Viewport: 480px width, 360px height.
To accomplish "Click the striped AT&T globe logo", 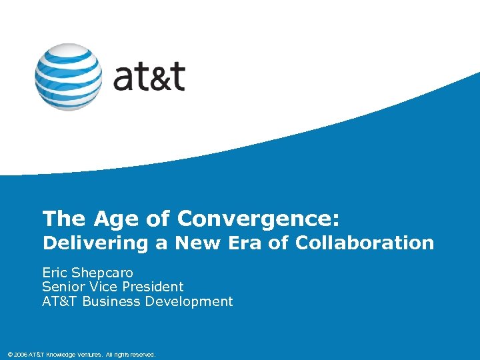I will pos(69,77).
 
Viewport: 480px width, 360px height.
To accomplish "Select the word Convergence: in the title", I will pos(259,219).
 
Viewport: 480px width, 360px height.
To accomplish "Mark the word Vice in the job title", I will pos(103,287).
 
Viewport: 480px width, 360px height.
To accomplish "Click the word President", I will pos(153,287).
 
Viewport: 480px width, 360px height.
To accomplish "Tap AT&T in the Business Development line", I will pos(59,301).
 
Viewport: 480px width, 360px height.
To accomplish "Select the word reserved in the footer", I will pos(141,355).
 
